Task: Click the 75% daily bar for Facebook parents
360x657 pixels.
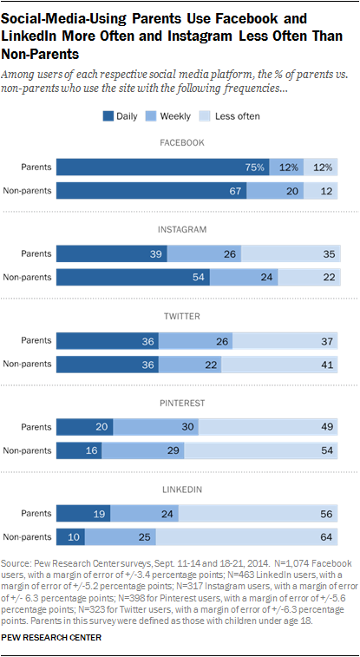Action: [163, 168]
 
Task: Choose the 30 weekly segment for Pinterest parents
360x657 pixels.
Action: [157, 427]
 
